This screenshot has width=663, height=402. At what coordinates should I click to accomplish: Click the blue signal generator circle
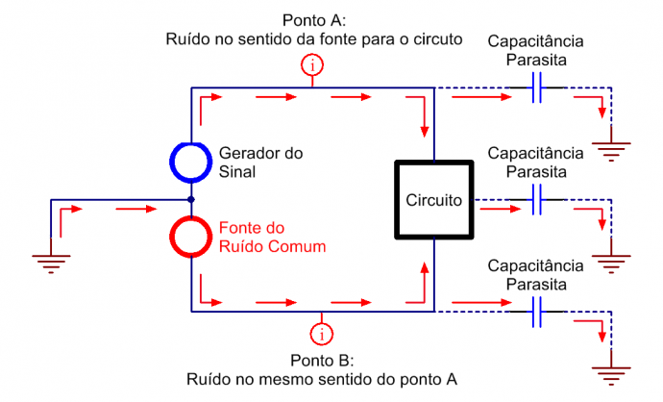(x=192, y=163)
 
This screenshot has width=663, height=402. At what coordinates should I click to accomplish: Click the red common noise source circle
(x=192, y=237)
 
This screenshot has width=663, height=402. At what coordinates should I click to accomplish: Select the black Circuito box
(x=434, y=200)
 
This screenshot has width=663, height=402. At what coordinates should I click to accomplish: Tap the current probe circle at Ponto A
(x=312, y=65)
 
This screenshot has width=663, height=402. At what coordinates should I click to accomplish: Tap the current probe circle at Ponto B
(x=319, y=334)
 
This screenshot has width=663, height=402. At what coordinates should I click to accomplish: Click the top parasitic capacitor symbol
(x=537, y=88)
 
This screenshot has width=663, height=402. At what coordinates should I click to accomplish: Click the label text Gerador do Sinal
(x=261, y=163)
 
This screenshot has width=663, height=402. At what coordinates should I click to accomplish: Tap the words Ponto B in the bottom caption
(x=320, y=362)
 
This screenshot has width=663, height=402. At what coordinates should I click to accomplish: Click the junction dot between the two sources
(x=192, y=200)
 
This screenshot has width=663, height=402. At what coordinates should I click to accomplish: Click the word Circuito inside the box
(x=434, y=200)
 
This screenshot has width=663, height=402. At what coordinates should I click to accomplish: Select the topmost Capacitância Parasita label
(x=536, y=50)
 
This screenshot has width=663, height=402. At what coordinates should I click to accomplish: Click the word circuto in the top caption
(x=437, y=39)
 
